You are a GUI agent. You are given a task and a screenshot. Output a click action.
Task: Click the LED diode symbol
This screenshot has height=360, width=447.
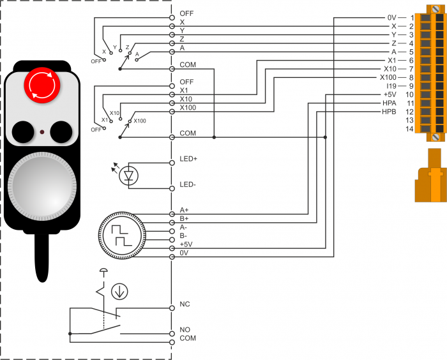130,175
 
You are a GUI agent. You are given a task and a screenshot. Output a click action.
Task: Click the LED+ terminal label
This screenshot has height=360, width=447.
188,158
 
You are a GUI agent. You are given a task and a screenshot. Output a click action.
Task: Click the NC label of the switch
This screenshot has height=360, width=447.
185,304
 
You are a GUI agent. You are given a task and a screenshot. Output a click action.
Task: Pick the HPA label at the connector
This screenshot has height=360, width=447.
389,103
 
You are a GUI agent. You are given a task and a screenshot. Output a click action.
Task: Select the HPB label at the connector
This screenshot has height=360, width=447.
389,112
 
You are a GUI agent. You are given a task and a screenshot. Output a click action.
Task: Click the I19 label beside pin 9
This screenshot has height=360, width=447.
392,86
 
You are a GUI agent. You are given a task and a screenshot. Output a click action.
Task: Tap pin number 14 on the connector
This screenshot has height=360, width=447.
409,129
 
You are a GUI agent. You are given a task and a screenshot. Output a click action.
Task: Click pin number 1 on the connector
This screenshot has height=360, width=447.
413,17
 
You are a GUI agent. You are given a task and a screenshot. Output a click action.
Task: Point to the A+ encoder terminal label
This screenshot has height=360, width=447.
185,209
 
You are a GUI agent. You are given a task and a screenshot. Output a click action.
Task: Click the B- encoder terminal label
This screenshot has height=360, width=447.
184,236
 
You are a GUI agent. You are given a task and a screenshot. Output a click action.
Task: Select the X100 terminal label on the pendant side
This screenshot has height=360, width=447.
188,108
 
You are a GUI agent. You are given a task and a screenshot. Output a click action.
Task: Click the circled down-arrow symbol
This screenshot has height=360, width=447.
119,292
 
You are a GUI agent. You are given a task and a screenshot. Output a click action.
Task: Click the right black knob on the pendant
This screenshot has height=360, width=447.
62,131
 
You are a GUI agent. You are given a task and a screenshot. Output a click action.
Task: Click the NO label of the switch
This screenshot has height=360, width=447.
185,331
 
